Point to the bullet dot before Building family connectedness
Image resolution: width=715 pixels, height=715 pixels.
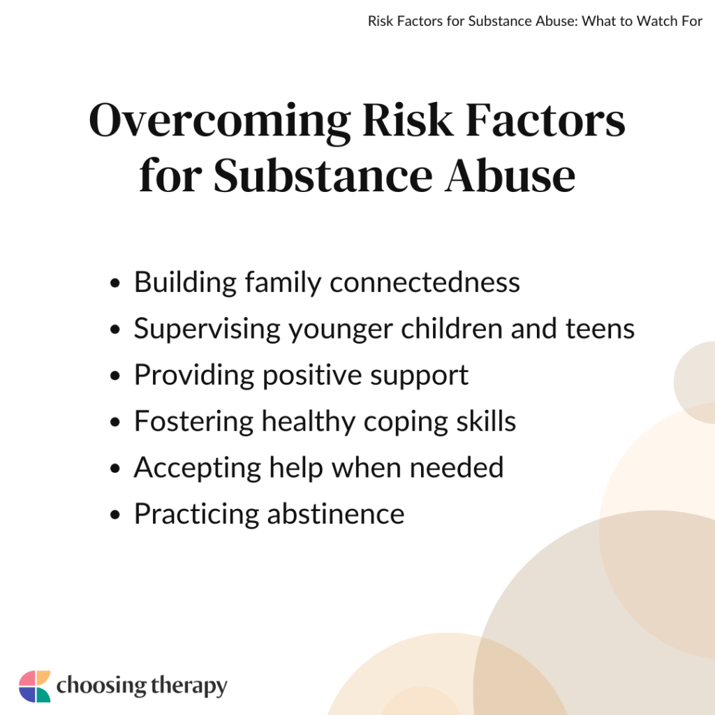coord(116,284)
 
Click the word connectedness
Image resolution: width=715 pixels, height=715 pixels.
coord(425,283)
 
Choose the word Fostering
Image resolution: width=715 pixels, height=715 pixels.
coord(193,422)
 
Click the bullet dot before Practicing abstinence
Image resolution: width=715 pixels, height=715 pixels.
coord(116,515)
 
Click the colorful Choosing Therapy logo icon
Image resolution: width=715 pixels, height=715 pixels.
coord(35,686)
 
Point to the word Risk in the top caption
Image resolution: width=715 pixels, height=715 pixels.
coord(380,20)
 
